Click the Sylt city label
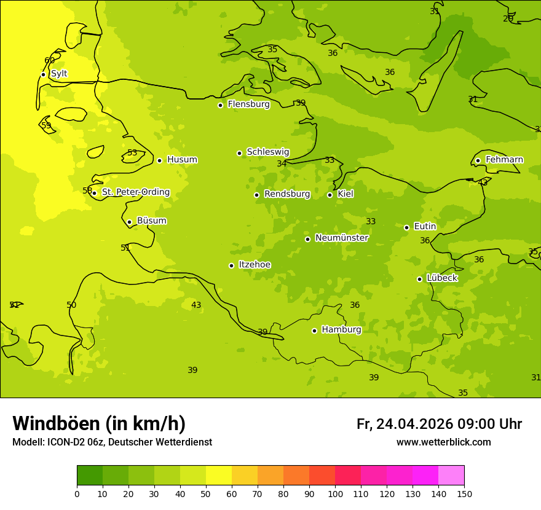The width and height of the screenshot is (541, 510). tap(59, 74)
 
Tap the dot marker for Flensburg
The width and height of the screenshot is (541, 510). tap(220, 105)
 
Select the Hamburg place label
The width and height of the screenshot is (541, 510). tap(341, 330)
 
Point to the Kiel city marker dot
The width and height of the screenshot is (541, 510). tap(330, 195)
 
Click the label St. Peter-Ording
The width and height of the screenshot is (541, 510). tap(135, 192)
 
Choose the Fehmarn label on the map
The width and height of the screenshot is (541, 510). tap(504, 160)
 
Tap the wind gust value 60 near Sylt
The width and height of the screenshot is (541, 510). tap(50, 60)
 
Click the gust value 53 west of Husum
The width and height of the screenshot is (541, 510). tap(132, 152)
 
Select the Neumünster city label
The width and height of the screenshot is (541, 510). tap(341, 238)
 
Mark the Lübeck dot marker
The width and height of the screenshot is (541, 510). tap(419, 279)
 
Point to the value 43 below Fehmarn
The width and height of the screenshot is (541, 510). tap(483, 182)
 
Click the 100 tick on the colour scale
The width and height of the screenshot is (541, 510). tap(335, 493)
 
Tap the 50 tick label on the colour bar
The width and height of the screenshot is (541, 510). tap(206, 493)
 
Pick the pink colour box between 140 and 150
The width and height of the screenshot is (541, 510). tap(451, 475)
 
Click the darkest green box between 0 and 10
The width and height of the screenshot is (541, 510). tap(90, 475)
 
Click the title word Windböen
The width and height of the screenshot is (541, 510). tap(56, 424)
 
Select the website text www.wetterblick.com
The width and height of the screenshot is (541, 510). tap(443, 442)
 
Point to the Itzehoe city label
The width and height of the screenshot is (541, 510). tap(255, 265)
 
